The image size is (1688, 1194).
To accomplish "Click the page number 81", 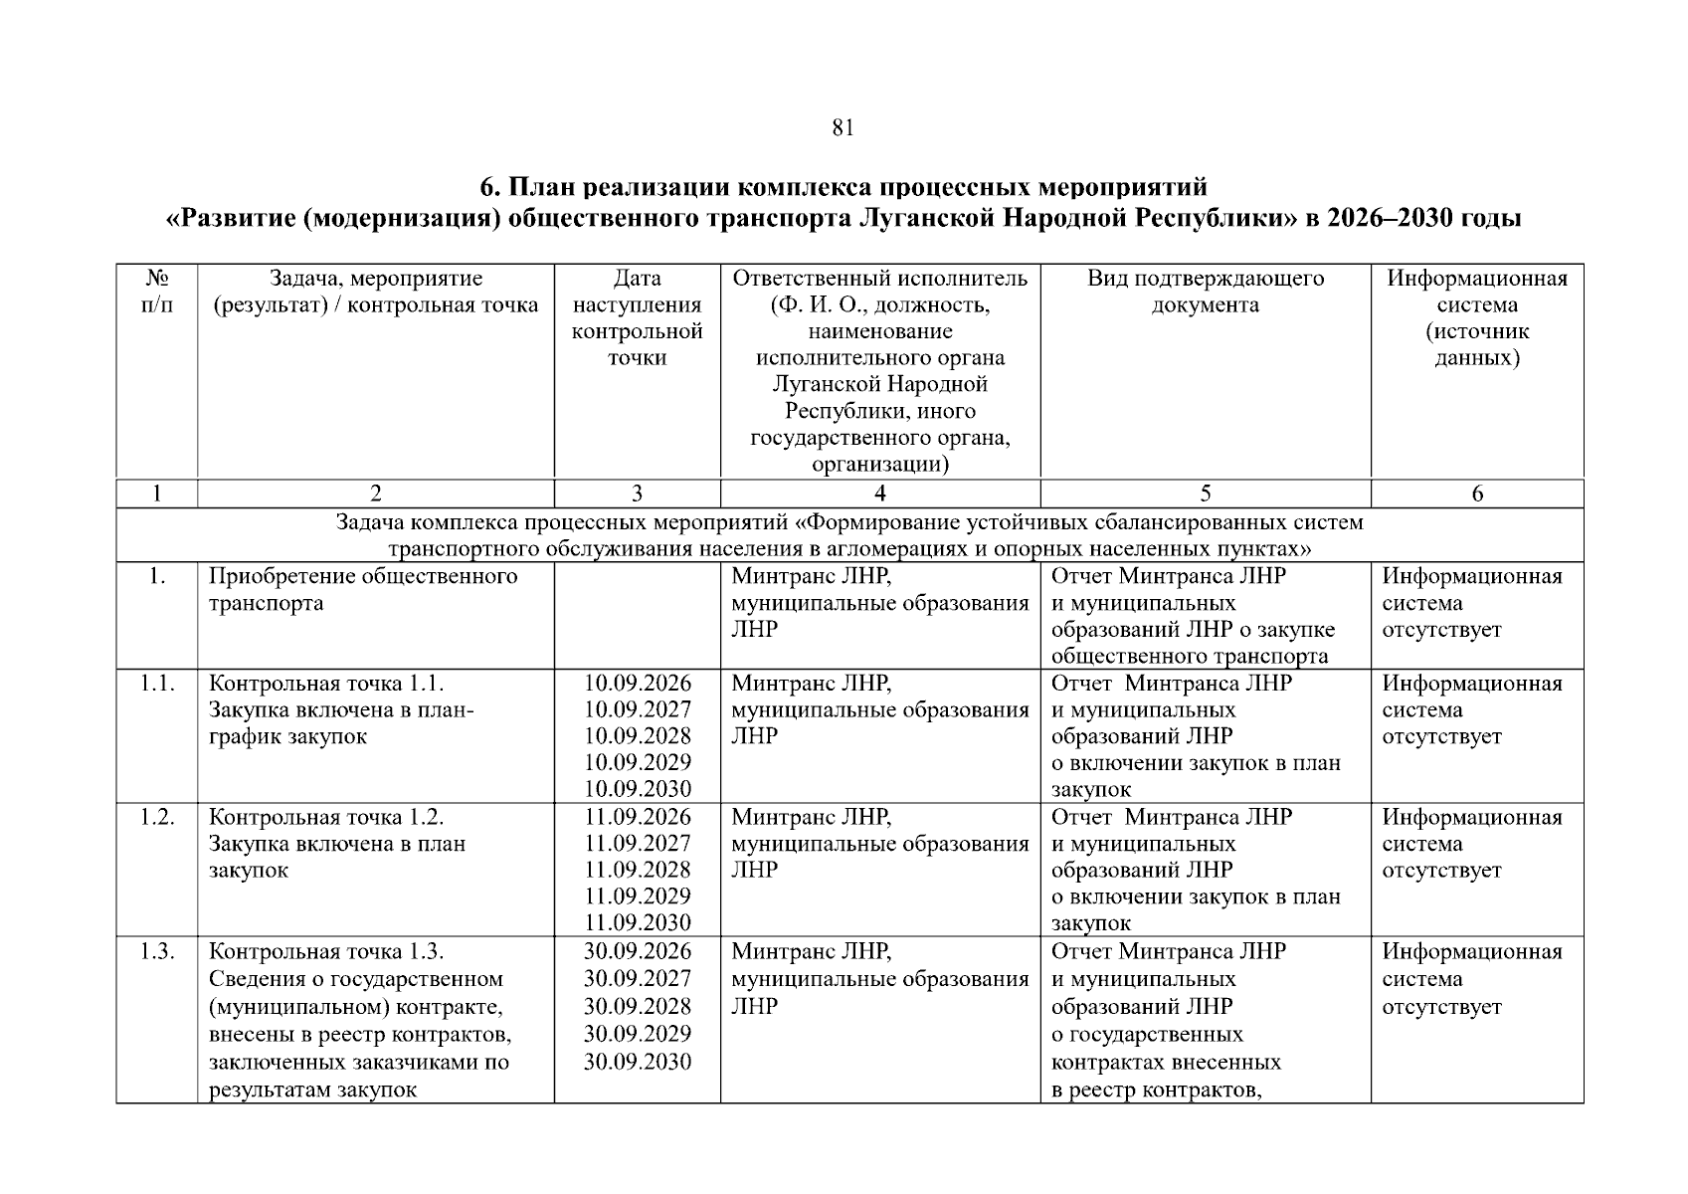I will pos(843,128).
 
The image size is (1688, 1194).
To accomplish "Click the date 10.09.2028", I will pos(637,736).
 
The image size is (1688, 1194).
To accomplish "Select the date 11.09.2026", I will pos(637,817).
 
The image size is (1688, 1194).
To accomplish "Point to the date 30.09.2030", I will pos(637,1062).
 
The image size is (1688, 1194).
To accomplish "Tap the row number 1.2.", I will pos(157,817).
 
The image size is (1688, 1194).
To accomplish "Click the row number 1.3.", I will pos(157,951).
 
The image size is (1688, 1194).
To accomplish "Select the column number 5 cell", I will pos(1206,494).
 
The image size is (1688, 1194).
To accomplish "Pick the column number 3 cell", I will pos(637,494).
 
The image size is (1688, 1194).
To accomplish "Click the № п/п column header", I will pos(157,292).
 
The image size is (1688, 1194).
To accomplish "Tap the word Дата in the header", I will pos(637,279).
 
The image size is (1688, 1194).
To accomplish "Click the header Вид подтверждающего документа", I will pos(1206,292).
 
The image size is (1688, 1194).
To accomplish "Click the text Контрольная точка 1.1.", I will pos(326,684).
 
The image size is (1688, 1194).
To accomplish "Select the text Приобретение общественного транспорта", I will pos(363,590).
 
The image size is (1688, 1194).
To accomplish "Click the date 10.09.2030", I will pos(637,789).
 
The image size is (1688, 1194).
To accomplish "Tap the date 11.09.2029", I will pos(637,896).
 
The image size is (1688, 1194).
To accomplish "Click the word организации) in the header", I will pos(880,465).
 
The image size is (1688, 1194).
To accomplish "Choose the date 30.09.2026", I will pos(637,951).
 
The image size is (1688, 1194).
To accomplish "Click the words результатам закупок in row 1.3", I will pos(312,1090).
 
